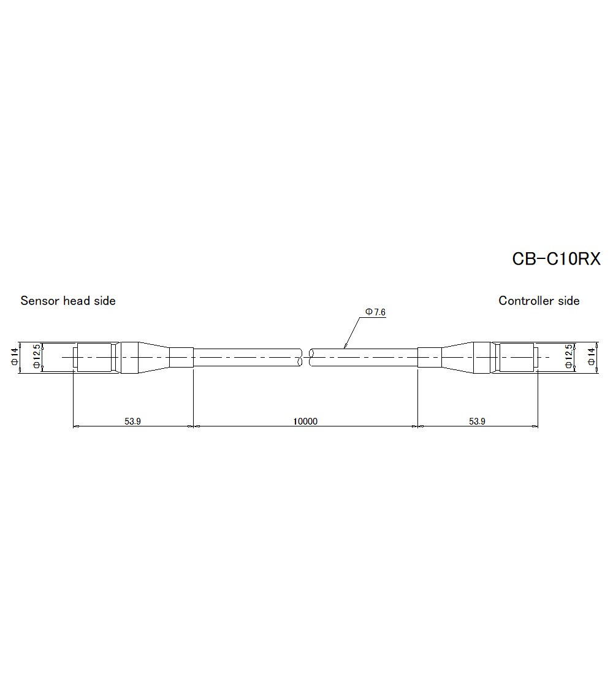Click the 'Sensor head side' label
(x=68, y=301)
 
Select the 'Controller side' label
(x=539, y=301)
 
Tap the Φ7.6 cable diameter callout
(x=375, y=312)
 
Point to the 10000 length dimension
(x=305, y=421)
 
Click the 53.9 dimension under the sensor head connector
(x=133, y=421)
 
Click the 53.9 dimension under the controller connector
(x=478, y=421)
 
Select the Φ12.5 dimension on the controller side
(x=568, y=358)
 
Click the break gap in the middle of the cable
(x=306, y=358)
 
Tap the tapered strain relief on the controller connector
(x=457, y=358)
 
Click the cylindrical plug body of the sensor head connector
(x=95, y=358)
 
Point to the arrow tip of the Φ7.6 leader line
(x=345, y=348)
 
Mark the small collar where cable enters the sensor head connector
(x=181, y=358)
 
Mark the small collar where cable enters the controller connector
(x=430, y=358)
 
